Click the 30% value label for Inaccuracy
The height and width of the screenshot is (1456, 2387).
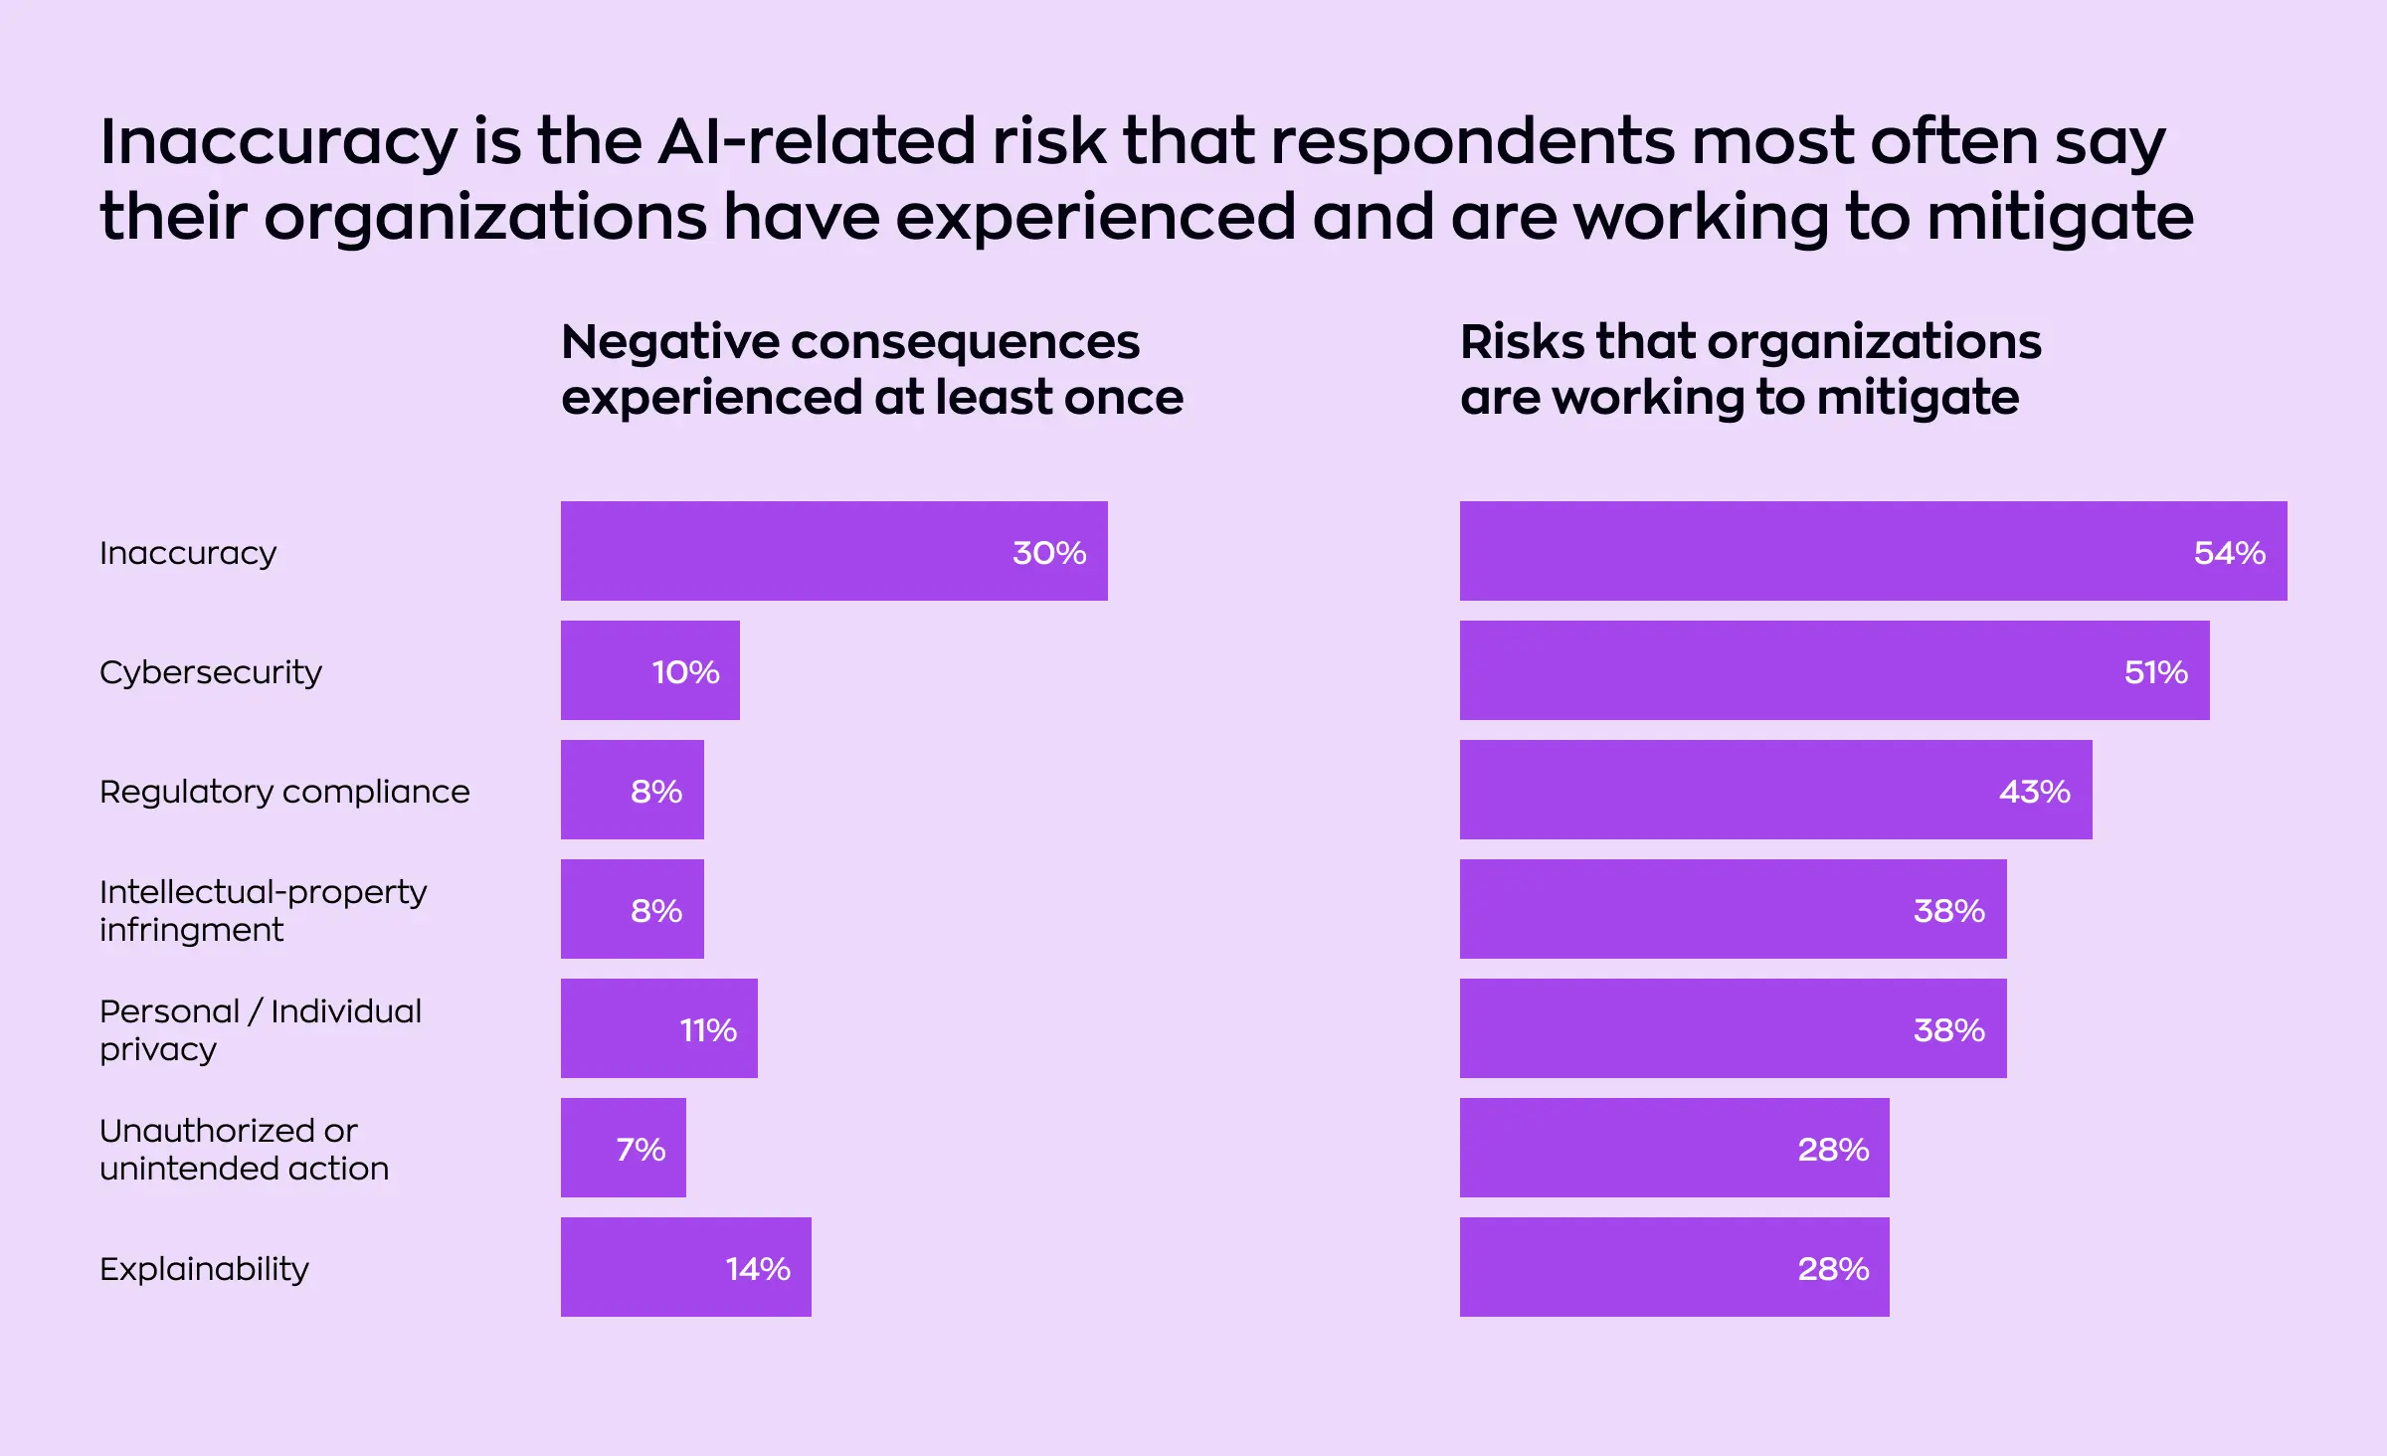click(1048, 552)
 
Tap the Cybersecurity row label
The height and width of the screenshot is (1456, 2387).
click(211, 672)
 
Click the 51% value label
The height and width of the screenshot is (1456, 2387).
click(2155, 672)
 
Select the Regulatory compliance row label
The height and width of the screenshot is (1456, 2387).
click(284, 792)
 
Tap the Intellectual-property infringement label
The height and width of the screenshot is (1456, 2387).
click(263, 910)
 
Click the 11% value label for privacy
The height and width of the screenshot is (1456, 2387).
click(708, 1030)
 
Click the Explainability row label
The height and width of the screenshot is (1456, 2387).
click(204, 1269)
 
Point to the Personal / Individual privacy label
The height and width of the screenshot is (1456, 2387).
click(261, 1029)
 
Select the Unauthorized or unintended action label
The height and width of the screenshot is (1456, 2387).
click(244, 1149)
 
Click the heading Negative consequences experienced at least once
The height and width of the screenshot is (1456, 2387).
click(871, 369)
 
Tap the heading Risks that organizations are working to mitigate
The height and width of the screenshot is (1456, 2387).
click(1749, 369)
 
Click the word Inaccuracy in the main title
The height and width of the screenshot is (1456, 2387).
click(277, 141)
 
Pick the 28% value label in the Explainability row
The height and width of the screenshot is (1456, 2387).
click(1833, 1269)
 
